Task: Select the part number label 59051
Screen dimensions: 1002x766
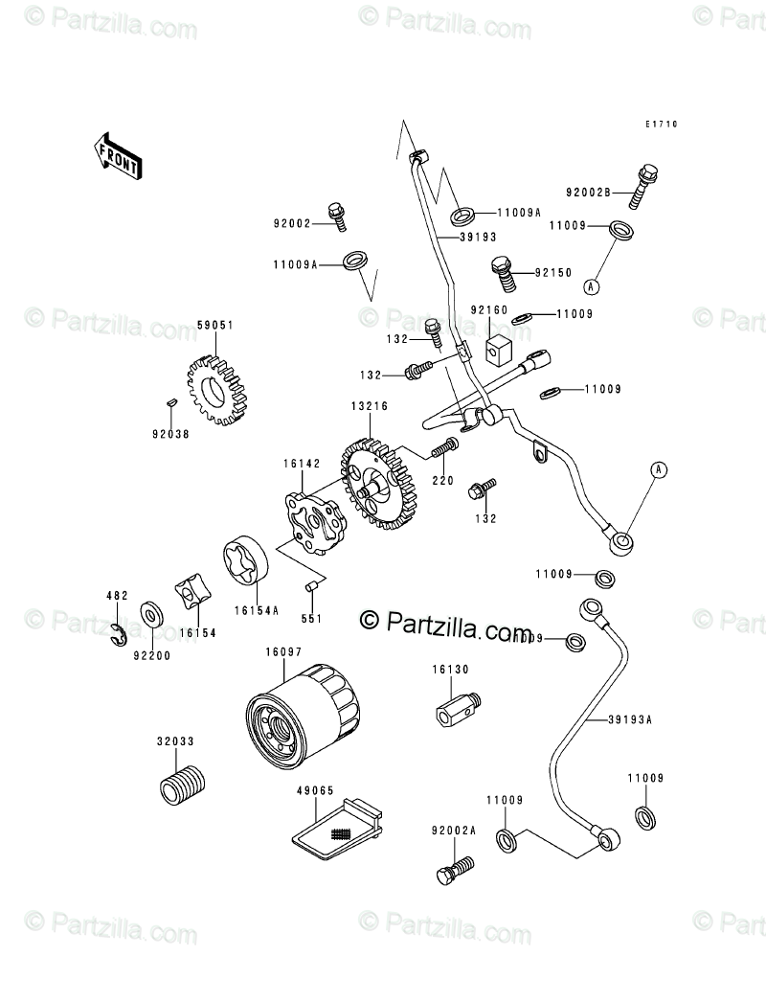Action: tap(215, 326)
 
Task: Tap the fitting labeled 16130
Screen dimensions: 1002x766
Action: tap(455, 711)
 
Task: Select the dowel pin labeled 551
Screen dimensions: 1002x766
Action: tap(311, 586)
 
